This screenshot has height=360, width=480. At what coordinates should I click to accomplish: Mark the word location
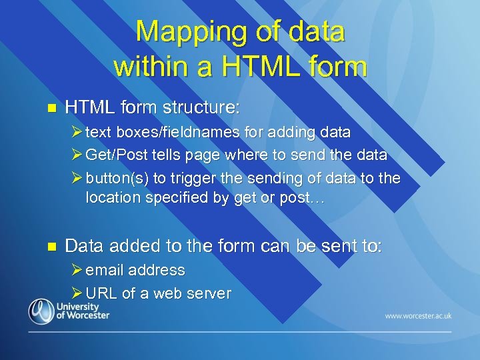tap(111, 199)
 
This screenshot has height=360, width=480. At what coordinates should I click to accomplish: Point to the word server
tap(209, 293)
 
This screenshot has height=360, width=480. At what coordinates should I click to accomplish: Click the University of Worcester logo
tap(69, 311)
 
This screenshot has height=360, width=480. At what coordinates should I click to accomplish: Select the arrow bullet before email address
tap(77, 270)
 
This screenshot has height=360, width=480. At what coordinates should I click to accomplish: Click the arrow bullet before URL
tap(77, 293)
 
